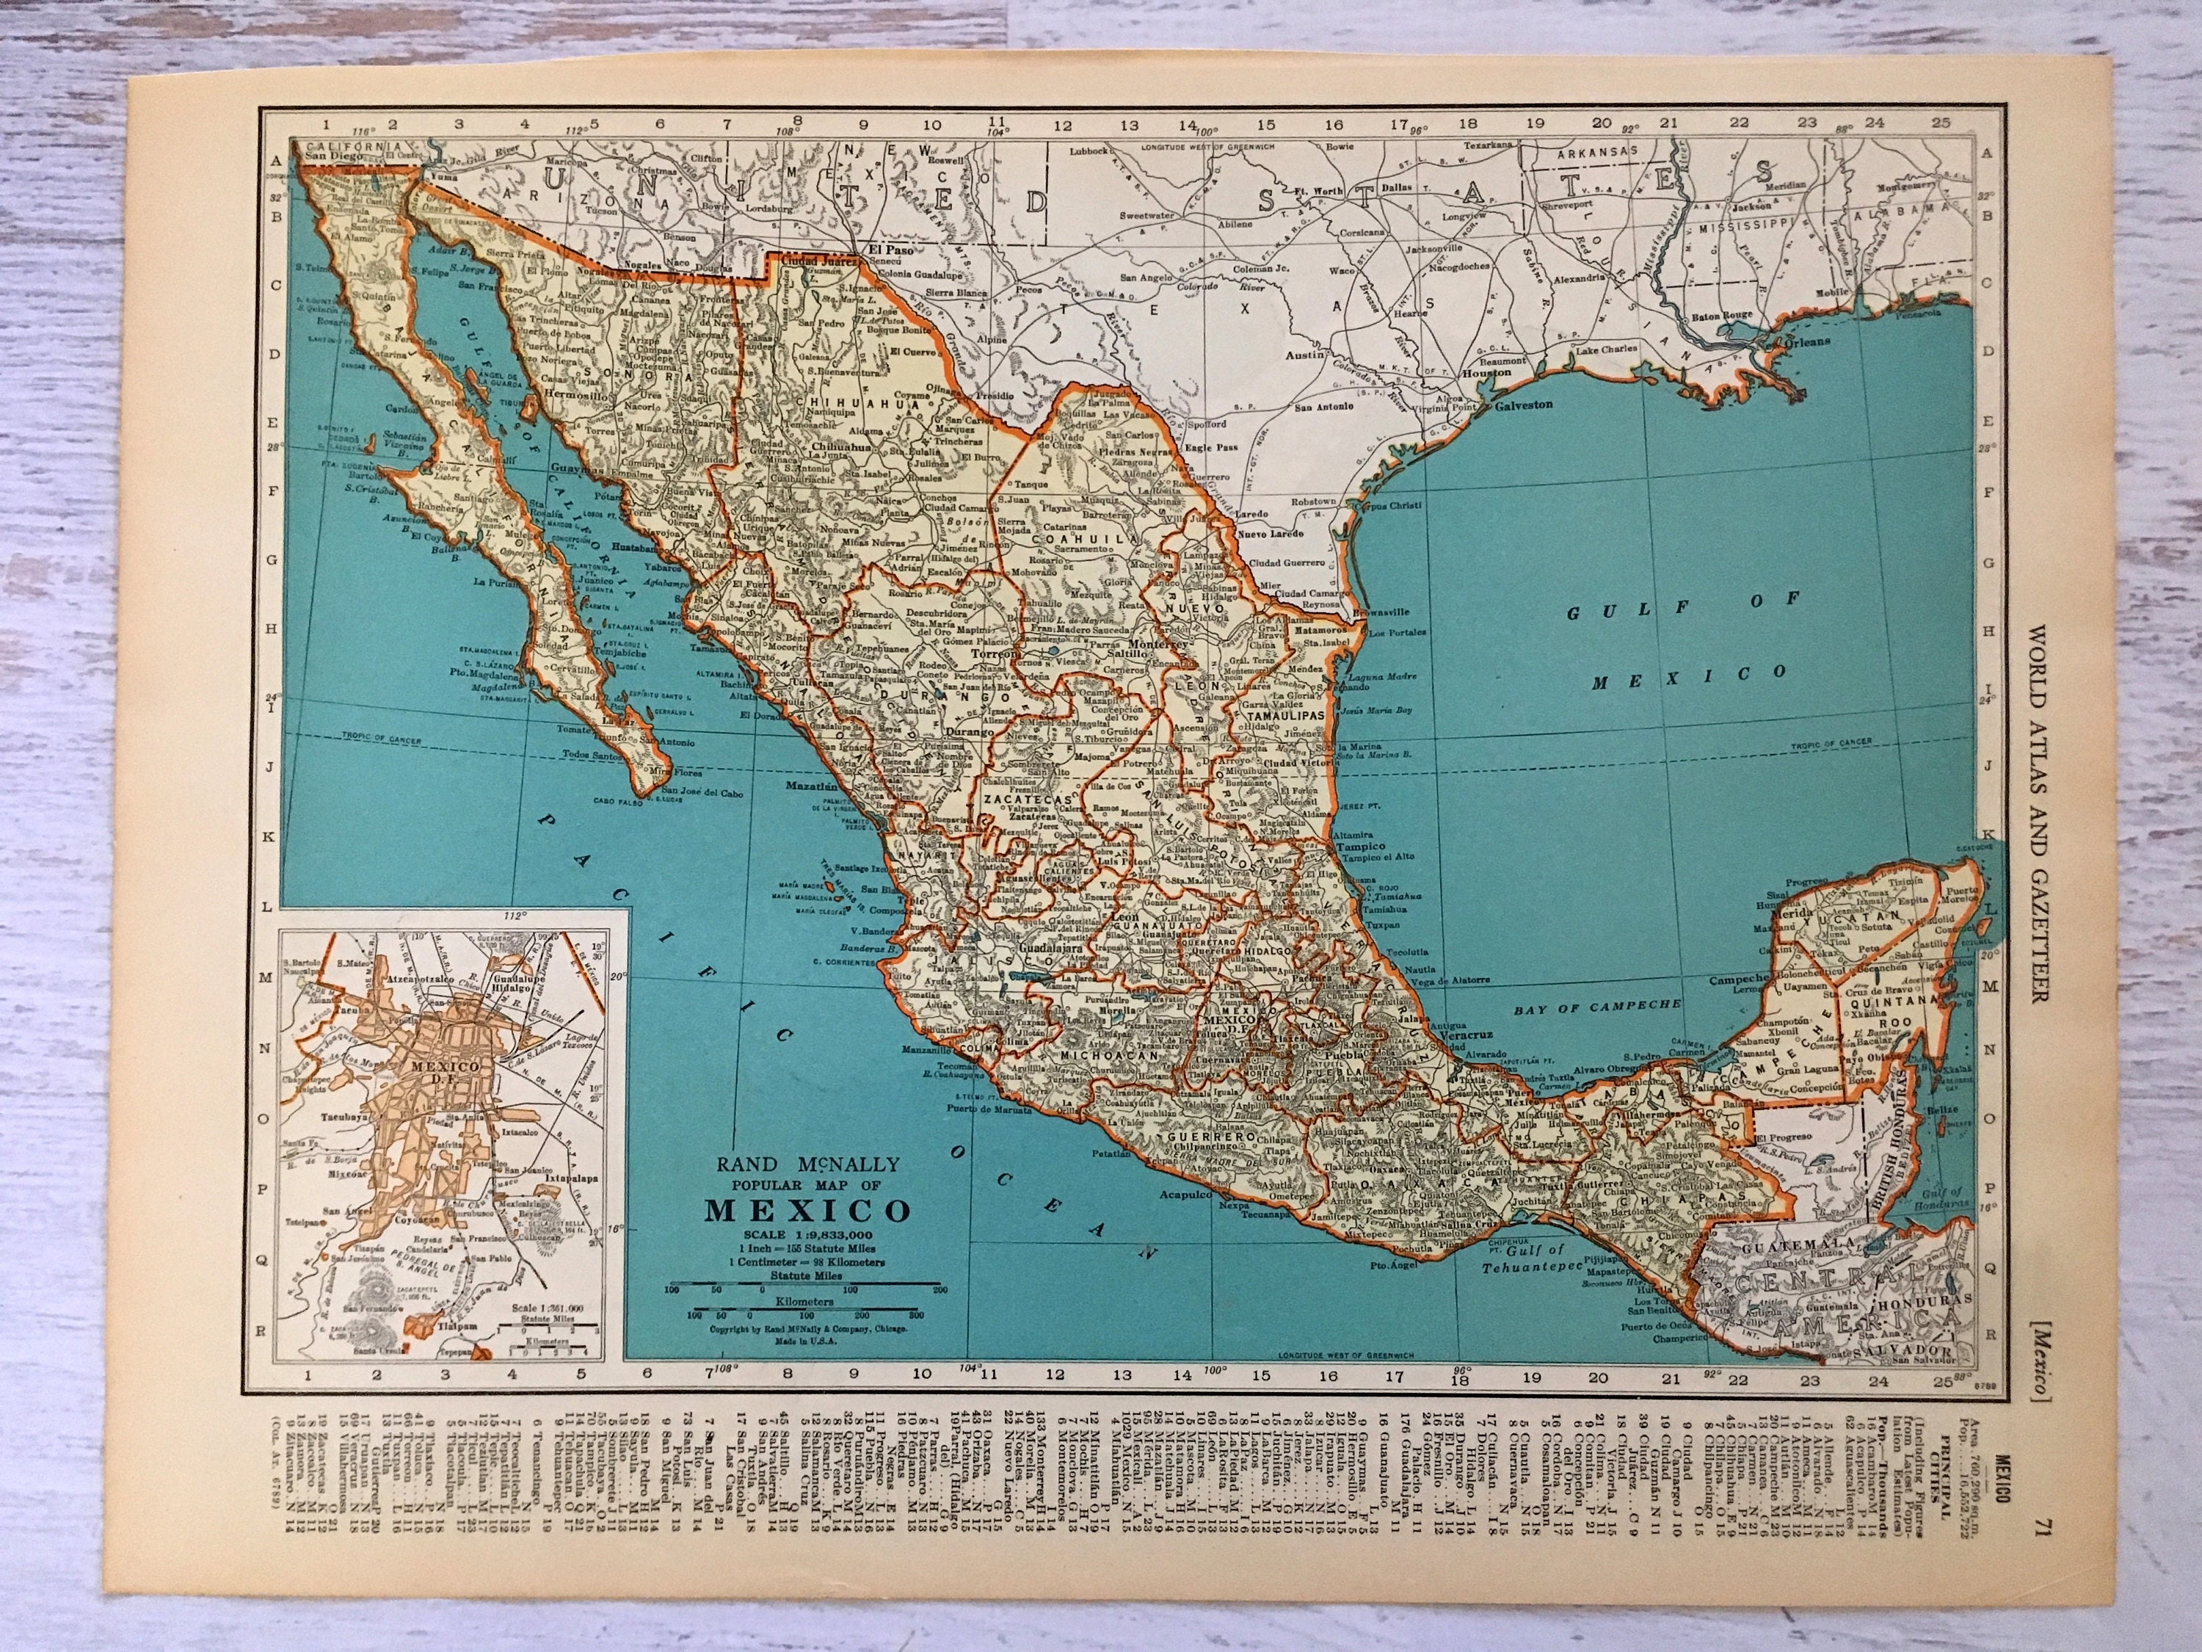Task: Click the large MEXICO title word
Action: (x=807, y=1210)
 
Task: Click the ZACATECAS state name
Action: (x=1028, y=800)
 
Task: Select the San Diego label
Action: (x=332, y=156)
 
